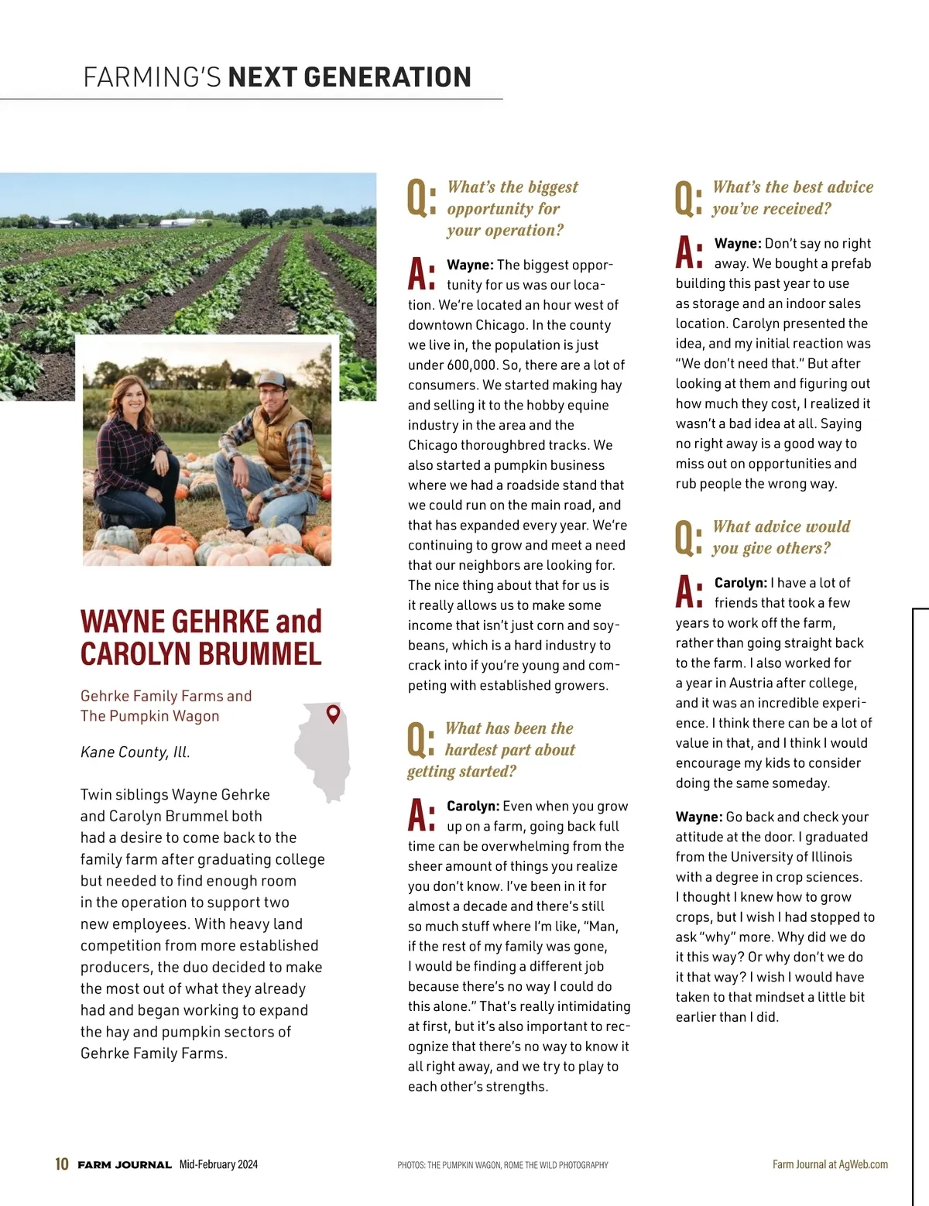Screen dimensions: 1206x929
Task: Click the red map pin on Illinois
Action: coord(334,714)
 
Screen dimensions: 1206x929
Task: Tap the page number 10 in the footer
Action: coord(62,1164)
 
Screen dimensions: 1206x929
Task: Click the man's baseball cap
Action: coord(272,380)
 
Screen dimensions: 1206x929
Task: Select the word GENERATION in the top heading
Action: coord(388,77)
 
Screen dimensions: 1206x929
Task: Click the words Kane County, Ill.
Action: coord(135,752)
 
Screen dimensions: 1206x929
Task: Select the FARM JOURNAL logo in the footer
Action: coord(125,1165)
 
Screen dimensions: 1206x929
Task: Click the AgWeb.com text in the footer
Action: coord(863,1164)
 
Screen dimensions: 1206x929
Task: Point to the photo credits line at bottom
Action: coord(502,1165)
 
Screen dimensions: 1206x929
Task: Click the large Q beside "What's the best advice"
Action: coord(688,199)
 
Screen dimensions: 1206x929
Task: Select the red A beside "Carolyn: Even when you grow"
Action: coord(421,816)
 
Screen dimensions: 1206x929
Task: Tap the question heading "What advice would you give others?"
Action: coord(780,537)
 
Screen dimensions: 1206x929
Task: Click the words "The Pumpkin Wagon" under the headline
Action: coord(149,716)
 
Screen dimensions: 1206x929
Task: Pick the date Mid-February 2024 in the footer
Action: coord(218,1164)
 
